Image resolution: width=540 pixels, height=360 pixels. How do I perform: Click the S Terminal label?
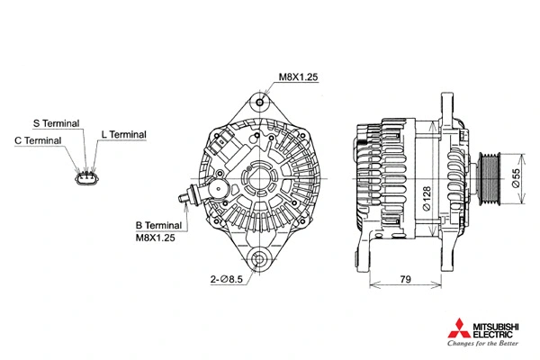[57, 122]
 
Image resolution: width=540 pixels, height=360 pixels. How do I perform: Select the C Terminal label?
[38, 140]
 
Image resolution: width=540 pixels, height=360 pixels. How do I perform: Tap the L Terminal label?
[123, 134]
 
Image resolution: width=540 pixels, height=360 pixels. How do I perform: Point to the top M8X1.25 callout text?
[299, 77]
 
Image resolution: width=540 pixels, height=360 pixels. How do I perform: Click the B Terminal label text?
[158, 225]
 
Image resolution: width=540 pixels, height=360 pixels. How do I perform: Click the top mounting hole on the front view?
[260, 101]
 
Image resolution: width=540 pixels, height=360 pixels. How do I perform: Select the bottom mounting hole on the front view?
[260, 260]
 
